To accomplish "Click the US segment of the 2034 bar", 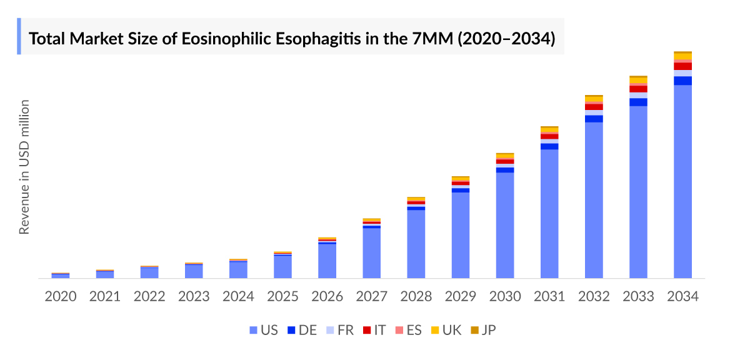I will pyautogui.click(x=682, y=181).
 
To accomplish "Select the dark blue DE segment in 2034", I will pyautogui.click(x=682, y=81).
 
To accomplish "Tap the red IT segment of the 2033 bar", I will pyautogui.click(x=638, y=89).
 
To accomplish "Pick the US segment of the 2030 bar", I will pyautogui.click(x=505, y=225).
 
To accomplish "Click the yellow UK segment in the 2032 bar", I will pyautogui.click(x=594, y=99).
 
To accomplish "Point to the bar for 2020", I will pyautogui.click(x=61, y=276).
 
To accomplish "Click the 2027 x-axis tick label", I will pyautogui.click(x=371, y=296).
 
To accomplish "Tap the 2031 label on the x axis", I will pyautogui.click(x=549, y=296).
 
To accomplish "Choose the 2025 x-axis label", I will pyautogui.click(x=282, y=296).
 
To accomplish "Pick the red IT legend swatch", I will pyautogui.click(x=367, y=330).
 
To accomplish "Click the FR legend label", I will pyautogui.click(x=346, y=330).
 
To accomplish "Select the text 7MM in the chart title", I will pyautogui.click(x=432, y=39).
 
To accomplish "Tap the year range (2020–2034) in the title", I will pyautogui.click(x=507, y=39).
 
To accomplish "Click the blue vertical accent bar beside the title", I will pyautogui.click(x=19, y=36).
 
